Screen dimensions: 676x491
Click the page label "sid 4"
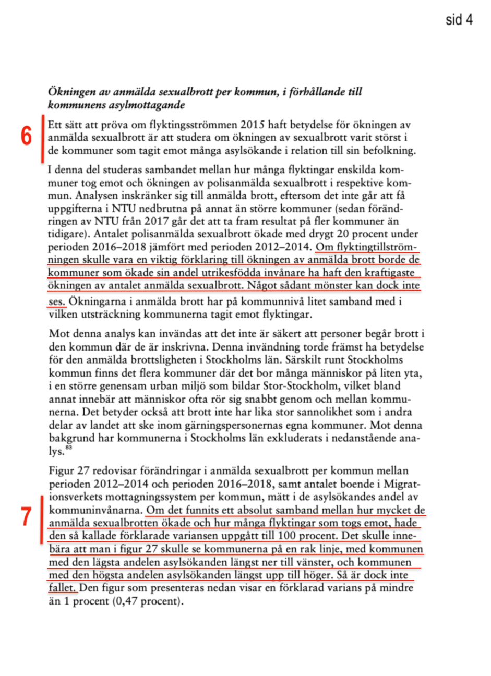tap(459, 20)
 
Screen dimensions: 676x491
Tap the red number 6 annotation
tap(26, 137)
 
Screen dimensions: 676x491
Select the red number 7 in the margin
tap(26, 517)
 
